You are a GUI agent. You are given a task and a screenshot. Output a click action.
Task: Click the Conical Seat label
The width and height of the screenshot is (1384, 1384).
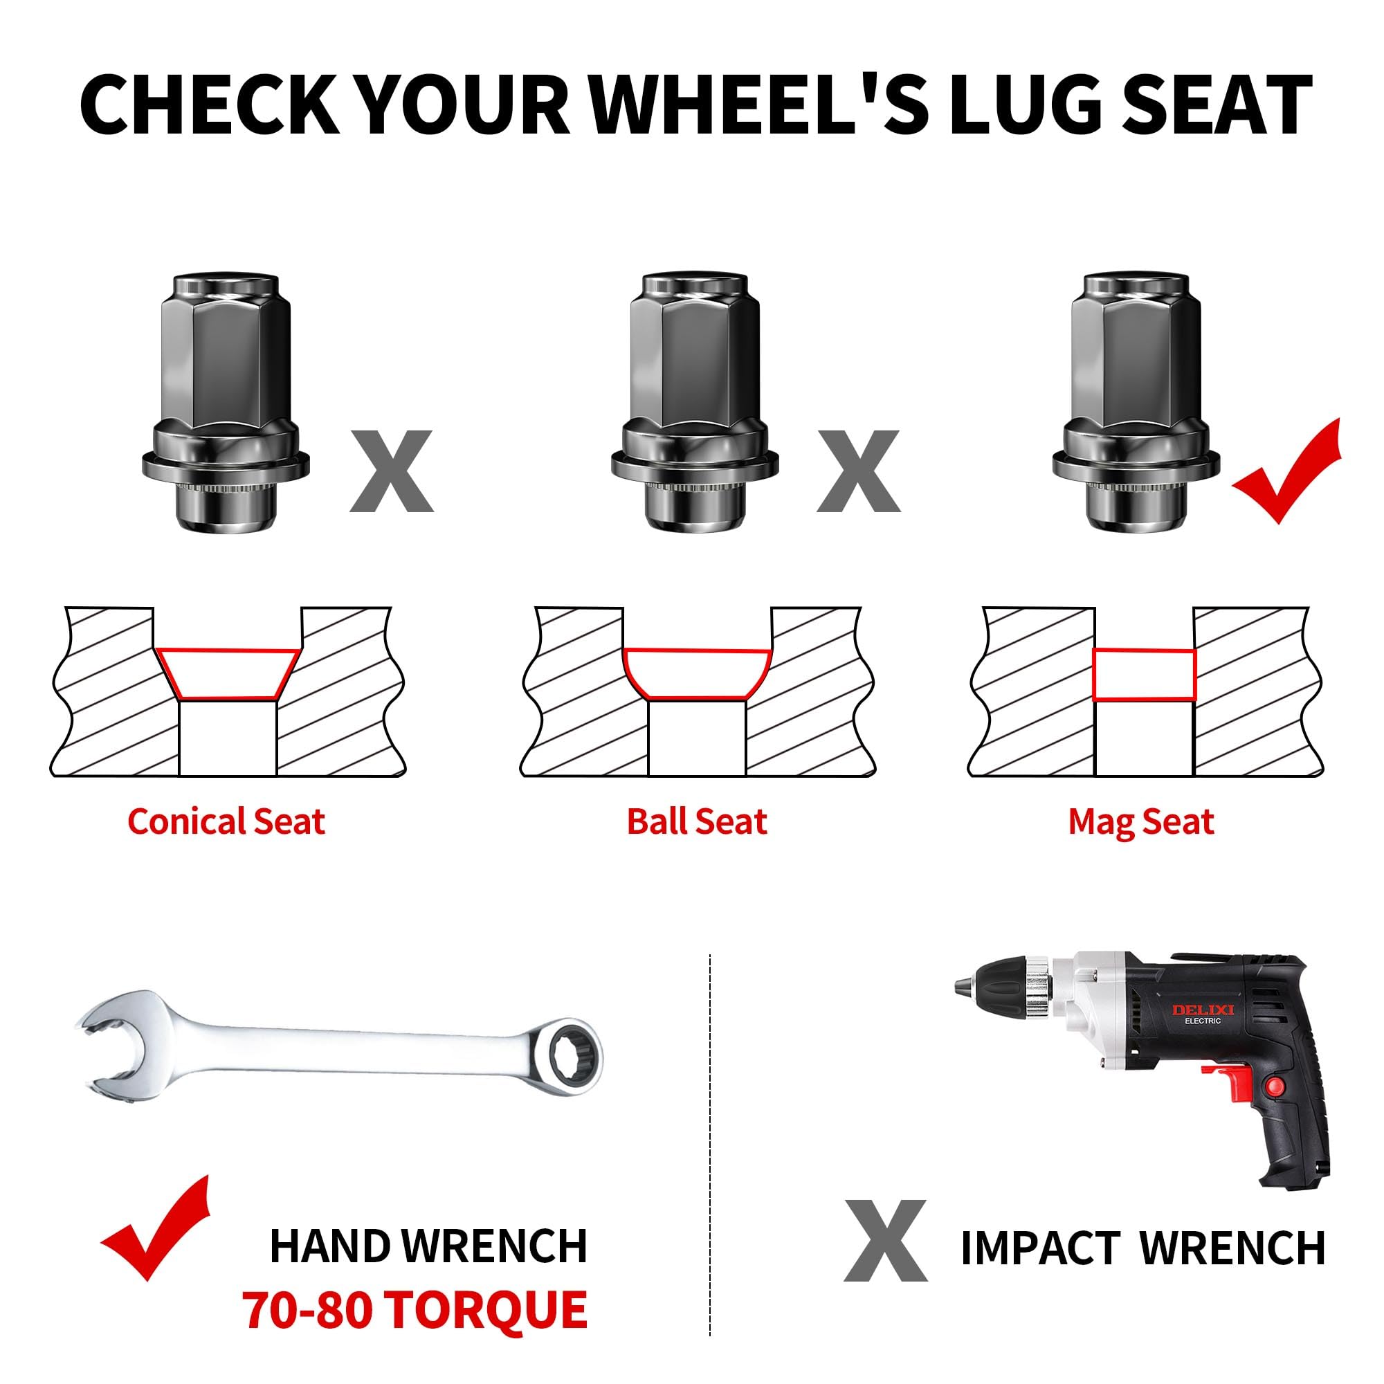[226, 821]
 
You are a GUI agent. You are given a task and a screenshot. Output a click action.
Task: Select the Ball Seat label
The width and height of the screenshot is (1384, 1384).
[696, 821]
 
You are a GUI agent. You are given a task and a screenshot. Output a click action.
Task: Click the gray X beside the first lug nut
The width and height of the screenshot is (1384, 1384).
[391, 471]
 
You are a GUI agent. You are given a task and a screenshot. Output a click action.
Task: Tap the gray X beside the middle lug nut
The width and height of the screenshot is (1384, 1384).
[858, 471]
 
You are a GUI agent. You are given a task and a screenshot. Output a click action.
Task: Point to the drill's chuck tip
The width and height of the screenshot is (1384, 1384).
[960, 988]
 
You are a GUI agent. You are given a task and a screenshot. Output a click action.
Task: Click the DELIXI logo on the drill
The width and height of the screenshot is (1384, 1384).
[1203, 1010]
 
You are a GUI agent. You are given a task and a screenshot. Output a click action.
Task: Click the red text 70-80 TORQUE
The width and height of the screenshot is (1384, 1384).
[414, 1309]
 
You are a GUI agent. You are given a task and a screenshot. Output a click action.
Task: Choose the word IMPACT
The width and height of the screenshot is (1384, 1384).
[1040, 1248]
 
